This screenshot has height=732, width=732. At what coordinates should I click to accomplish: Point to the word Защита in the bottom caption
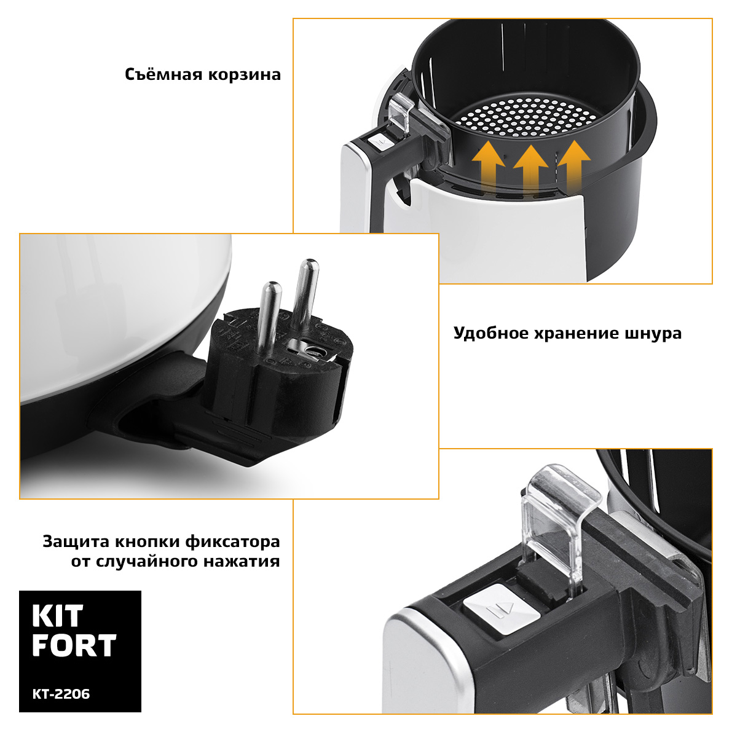click(x=76, y=541)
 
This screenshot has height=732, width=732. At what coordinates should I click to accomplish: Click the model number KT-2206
click(x=61, y=694)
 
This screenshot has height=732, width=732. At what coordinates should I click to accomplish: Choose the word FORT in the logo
click(x=74, y=645)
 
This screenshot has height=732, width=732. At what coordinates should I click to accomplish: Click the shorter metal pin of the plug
click(x=269, y=316)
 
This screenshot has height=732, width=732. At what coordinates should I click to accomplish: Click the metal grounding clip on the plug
click(x=310, y=349)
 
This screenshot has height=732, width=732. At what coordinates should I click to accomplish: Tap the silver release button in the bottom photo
click(x=502, y=608)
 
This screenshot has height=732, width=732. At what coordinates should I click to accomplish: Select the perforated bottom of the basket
click(x=527, y=117)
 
